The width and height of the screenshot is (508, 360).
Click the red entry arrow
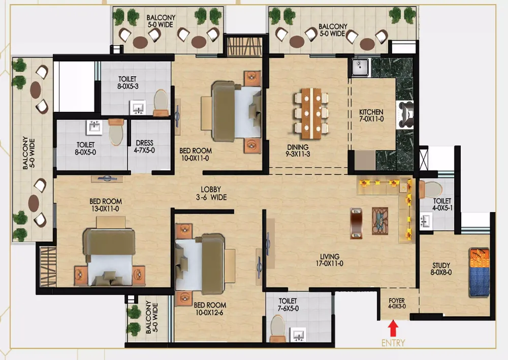pos(393,328)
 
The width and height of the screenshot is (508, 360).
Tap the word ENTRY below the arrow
pos(393,343)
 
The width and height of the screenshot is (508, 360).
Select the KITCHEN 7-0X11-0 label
pos(371,115)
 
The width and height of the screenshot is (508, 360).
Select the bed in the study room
pos(479,273)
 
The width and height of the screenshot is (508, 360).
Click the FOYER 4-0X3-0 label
pos(397,303)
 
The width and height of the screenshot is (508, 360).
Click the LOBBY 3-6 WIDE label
pos(211,193)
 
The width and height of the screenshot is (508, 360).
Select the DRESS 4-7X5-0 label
pos(144,146)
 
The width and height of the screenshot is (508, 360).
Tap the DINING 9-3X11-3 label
pos(298,151)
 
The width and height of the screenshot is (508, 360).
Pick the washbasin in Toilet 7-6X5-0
pos(298,335)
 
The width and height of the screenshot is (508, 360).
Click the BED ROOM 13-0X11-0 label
pos(106,205)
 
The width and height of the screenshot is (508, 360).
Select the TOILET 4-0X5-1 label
pos(442,204)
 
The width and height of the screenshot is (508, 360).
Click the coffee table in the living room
pos(379,221)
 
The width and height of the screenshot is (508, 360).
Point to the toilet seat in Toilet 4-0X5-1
pos(431,189)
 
